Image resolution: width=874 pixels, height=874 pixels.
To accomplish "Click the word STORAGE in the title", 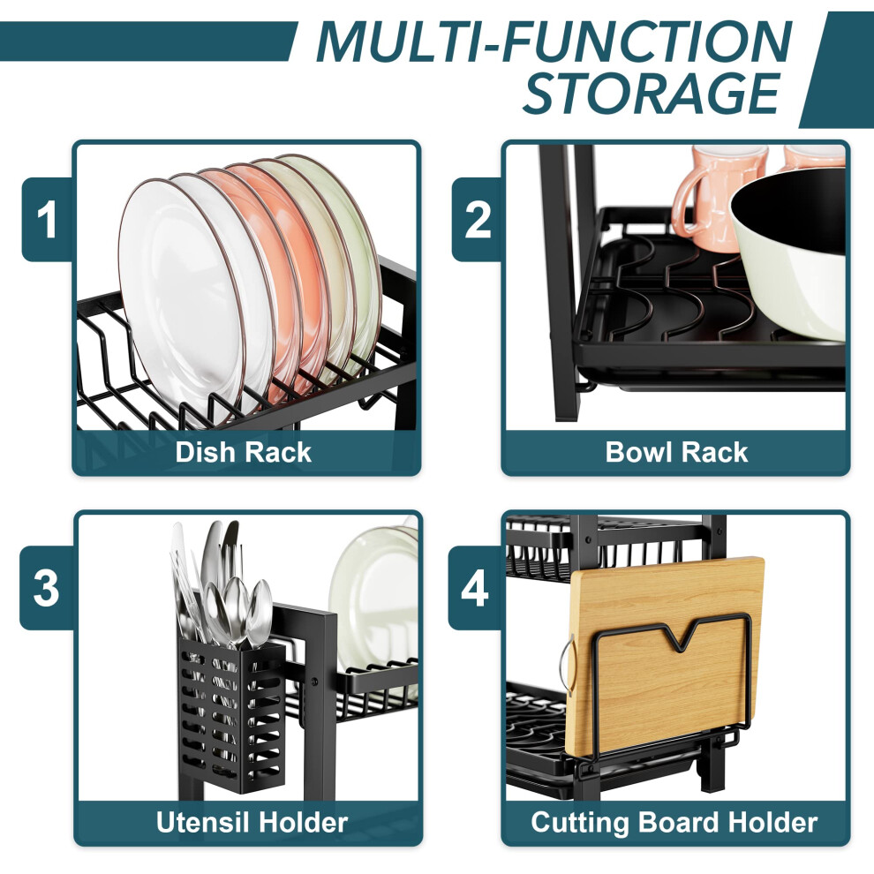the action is (652, 93).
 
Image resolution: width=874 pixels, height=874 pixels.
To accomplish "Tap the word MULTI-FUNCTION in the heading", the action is (554, 41).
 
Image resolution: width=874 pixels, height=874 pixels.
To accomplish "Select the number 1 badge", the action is (47, 219).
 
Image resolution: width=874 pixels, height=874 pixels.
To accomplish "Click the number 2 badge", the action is (477, 219).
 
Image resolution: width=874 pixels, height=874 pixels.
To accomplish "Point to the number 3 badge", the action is (46, 587).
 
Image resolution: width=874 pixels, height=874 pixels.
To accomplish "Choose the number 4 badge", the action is (475, 587).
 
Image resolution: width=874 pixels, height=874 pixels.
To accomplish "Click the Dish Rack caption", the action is (243, 452).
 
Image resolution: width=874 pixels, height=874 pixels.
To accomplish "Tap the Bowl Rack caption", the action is (676, 452).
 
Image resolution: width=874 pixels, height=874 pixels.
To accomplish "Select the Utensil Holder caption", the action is (252, 822).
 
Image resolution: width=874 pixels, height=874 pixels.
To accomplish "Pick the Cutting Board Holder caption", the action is (674, 822).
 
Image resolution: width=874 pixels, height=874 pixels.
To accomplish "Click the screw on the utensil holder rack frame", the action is (314, 682).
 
